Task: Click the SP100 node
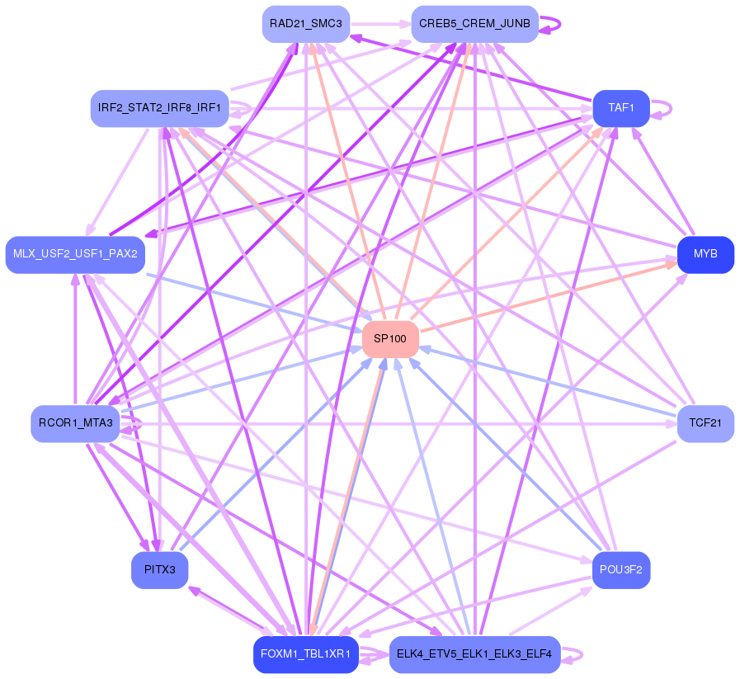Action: [390, 339]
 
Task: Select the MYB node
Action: [705, 254]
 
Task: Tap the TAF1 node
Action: [620, 108]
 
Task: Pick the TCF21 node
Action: [705, 423]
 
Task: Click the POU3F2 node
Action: [621, 570]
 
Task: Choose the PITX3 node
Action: [159, 570]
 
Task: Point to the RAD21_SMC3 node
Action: [306, 24]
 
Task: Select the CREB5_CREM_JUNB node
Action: [474, 24]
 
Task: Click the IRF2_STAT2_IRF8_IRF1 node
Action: [159, 108]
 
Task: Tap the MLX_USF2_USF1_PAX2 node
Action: [75, 254]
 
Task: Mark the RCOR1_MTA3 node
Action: [75, 423]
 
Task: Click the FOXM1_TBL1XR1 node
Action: [306, 654]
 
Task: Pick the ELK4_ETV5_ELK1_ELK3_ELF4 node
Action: [474, 654]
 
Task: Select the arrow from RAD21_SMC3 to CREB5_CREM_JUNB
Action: [380, 24]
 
